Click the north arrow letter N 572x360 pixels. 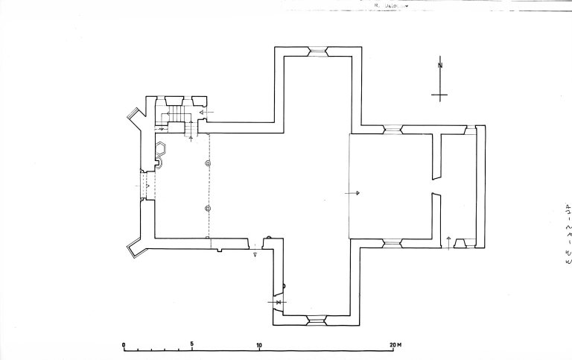tap(440, 66)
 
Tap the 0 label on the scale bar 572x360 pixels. tap(124, 344)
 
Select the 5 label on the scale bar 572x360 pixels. tap(192, 344)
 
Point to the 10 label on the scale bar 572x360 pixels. tap(259, 344)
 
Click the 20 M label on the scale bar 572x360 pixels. tap(395, 344)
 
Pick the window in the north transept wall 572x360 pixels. tap(318, 51)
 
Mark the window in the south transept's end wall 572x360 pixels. tap(318, 320)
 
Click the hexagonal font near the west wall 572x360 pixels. tap(161, 149)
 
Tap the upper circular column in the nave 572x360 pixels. tap(209, 162)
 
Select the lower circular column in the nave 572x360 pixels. tap(209, 208)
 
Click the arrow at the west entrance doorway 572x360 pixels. tap(147, 185)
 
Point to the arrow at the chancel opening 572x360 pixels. tap(353, 193)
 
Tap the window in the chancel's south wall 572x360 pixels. tap(392, 243)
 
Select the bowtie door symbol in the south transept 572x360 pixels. tap(278, 302)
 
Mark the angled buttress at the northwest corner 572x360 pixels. tap(136, 114)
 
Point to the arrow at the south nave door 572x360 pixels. tap(255, 253)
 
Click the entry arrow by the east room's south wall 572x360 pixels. tap(448, 239)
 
